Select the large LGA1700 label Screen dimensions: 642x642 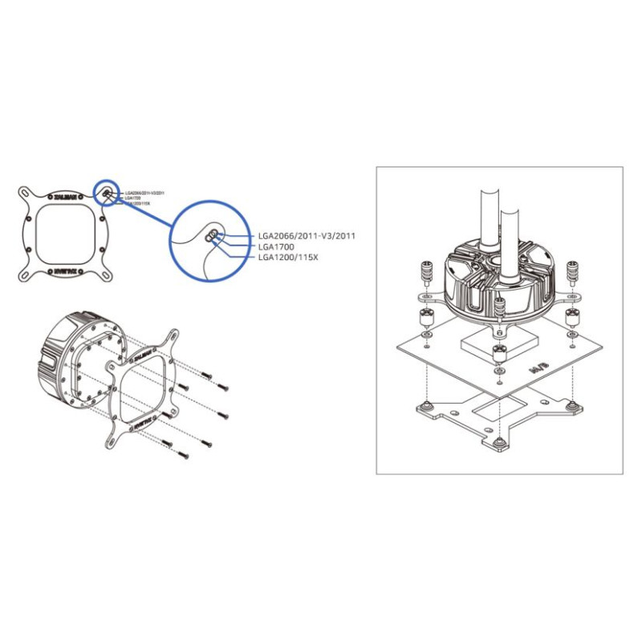point(277,247)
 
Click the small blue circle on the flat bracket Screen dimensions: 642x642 point(107,193)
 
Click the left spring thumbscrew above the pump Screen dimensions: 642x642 point(426,273)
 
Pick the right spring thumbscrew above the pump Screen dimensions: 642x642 point(571,273)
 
